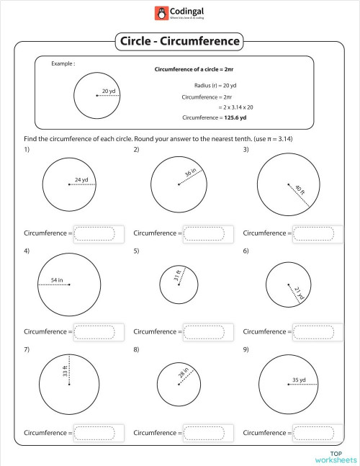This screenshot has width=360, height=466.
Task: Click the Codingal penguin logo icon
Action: (160, 13)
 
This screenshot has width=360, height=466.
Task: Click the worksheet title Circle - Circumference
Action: (179, 41)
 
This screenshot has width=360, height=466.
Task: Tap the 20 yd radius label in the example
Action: (109, 91)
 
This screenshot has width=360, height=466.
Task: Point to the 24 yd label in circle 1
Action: (81, 180)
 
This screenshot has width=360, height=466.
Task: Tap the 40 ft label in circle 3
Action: (300, 192)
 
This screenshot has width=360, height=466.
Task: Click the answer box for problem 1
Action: (94, 233)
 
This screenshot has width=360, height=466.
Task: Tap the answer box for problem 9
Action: (313, 433)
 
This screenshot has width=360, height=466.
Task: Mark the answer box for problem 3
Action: (313, 233)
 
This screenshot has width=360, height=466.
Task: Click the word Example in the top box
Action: (63, 64)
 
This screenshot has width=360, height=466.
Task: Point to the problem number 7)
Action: (27, 349)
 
